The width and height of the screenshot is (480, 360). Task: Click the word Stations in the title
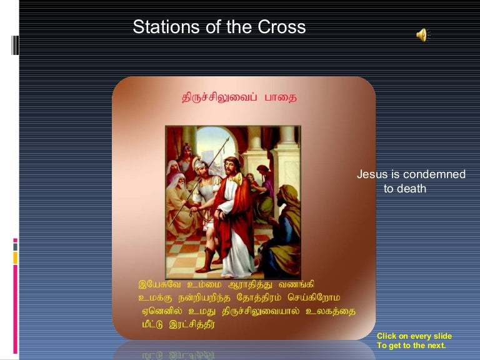(x=166, y=27)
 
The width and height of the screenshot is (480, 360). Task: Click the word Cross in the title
(x=282, y=27)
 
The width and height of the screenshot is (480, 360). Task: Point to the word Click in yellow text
(x=387, y=336)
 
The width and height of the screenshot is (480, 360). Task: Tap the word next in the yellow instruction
(x=437, y=346)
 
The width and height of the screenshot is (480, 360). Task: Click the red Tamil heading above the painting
(x=239, y=97)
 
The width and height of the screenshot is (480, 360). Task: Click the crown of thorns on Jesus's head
(x=231, y=161)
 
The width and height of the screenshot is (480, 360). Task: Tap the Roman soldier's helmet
(x=199, y=164)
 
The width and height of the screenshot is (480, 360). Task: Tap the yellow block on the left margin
(x=15, y=257)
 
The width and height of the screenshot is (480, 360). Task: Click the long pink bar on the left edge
(x=15, y=309)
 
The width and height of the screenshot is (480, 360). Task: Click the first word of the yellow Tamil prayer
(x=159, y=284)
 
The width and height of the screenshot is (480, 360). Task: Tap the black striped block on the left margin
(x=15, y=45)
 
